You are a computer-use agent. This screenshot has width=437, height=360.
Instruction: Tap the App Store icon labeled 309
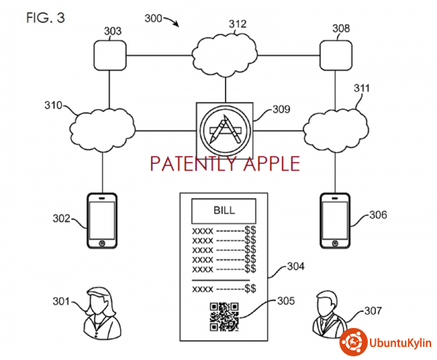[224, 129]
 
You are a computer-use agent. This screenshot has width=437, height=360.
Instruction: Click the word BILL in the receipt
[224, 212]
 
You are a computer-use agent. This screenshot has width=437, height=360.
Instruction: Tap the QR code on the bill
[224, 316]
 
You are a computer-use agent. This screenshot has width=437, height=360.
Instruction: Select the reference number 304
[296, 267]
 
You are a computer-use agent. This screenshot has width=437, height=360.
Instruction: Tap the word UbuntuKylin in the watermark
[398, 342]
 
